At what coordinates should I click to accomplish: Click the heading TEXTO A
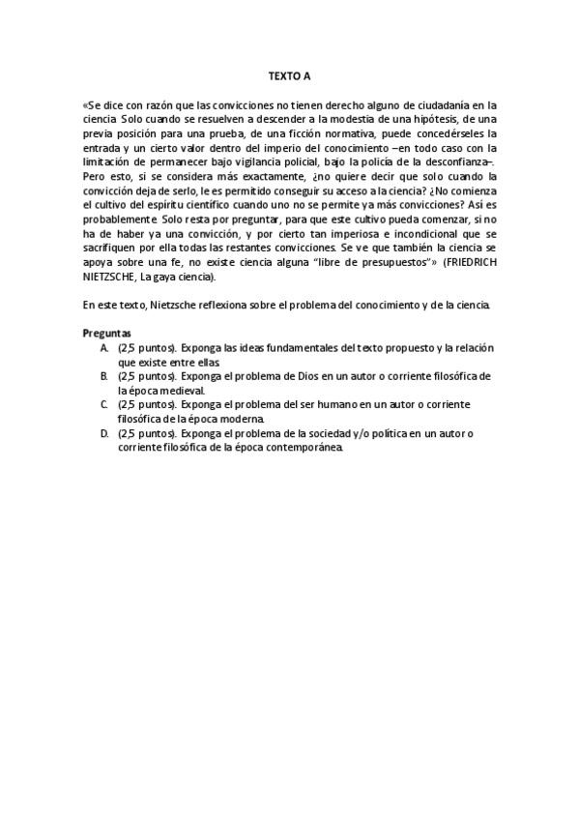tap(290, 74)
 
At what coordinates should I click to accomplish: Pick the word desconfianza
tap(455, 161)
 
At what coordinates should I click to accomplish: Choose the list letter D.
tap(103, 433)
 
